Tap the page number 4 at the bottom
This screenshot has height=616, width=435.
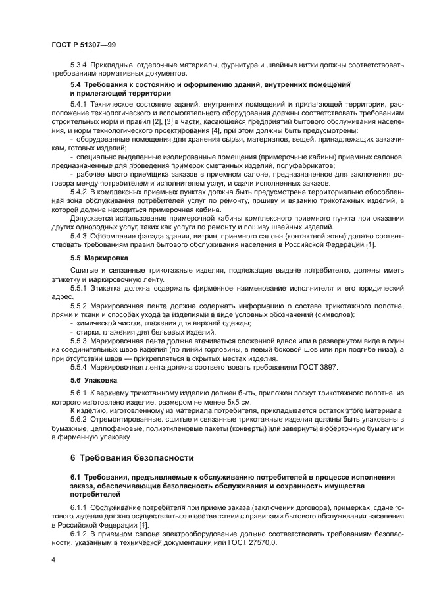point(53,559)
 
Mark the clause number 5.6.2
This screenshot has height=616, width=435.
point(80,419)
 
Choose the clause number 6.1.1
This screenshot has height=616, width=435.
point(80,507)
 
